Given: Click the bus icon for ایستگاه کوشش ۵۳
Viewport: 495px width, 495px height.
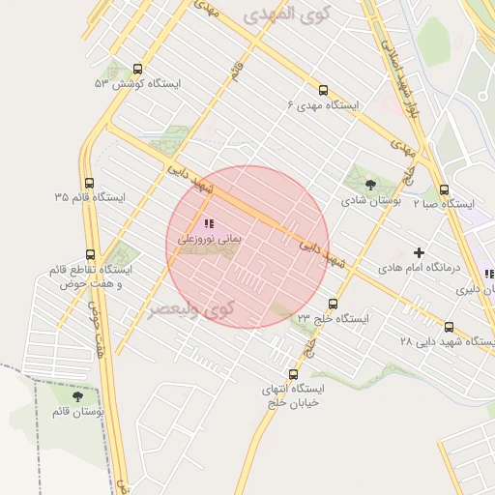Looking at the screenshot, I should coord(136,70).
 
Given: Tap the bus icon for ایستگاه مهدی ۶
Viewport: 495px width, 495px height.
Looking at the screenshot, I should coord(322,90).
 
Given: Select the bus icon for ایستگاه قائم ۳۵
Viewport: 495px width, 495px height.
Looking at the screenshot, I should coord(89,183).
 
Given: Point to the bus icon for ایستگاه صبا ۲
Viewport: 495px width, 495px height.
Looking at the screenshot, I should coord(444,189).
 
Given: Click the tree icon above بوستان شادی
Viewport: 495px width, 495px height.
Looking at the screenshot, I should coord(370,185).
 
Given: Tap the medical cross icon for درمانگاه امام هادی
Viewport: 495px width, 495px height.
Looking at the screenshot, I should coord(419,251).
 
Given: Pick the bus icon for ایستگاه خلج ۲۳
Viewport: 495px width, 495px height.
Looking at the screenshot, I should coord(333,304).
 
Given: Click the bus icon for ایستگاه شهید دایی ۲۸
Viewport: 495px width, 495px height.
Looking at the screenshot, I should coord(450,327).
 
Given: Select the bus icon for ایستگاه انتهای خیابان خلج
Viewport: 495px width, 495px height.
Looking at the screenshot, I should coord(293,374).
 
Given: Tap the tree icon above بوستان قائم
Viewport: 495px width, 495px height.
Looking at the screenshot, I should coord(77,396).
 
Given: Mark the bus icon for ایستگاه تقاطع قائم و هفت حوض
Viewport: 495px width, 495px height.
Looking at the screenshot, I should coord(90,255).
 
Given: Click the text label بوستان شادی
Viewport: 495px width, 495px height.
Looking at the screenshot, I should coord(371,201).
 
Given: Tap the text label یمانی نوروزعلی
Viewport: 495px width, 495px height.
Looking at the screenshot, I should coord(208,237).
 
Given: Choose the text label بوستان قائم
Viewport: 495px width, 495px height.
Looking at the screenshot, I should coord(77,412).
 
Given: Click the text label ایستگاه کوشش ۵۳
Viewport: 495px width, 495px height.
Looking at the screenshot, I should coord(137,84).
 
